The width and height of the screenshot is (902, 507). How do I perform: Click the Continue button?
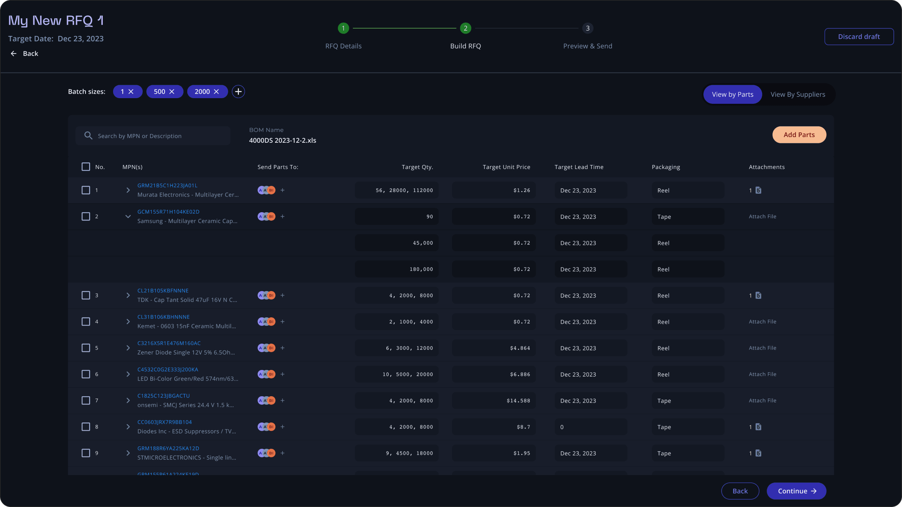[x=796, y=491]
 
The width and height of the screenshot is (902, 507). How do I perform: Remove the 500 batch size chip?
[x=172, y=91]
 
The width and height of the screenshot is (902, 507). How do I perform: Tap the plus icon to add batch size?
[x=238, y=91]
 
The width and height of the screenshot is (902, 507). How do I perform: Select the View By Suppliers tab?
[x=798, y=94]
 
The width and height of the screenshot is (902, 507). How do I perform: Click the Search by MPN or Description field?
[x=153, y=135]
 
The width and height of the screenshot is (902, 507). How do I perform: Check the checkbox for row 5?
[x=86, y=348]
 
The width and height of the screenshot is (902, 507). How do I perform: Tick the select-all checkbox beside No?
[x=86, y=166]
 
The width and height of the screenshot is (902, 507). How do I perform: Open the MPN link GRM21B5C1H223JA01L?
[x=167, y=185]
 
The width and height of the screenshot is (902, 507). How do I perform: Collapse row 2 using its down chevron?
[x=128, y=216]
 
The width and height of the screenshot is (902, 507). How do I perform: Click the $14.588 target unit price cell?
[x=494, y=400]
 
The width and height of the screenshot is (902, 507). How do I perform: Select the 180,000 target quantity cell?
[x=396, y=269]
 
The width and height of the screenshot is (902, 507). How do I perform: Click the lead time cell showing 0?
[x=591, y=426]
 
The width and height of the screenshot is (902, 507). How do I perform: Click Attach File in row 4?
[x=762, y=321]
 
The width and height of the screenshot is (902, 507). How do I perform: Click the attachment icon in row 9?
[x=758, y=453]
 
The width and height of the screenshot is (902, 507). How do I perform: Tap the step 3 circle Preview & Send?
[x=588, y=28]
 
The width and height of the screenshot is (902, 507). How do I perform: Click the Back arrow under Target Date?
[x=14, y=53]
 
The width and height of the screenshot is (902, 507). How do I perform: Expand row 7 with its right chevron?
[x=128, y=400]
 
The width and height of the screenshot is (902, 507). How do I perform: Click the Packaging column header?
[x=666, y=167]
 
